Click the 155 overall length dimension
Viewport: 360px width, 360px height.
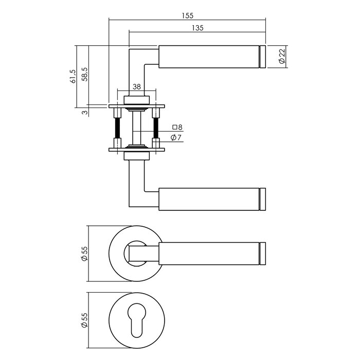[x=187, y=15]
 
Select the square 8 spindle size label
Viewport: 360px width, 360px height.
[x=177, y=127]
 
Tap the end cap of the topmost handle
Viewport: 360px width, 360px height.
[x=263, y=57]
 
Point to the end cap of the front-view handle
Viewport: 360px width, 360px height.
[x=263, y=254]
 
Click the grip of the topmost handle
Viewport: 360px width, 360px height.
[x=208, y=57]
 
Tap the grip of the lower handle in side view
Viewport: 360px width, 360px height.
[x=208, y=200]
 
